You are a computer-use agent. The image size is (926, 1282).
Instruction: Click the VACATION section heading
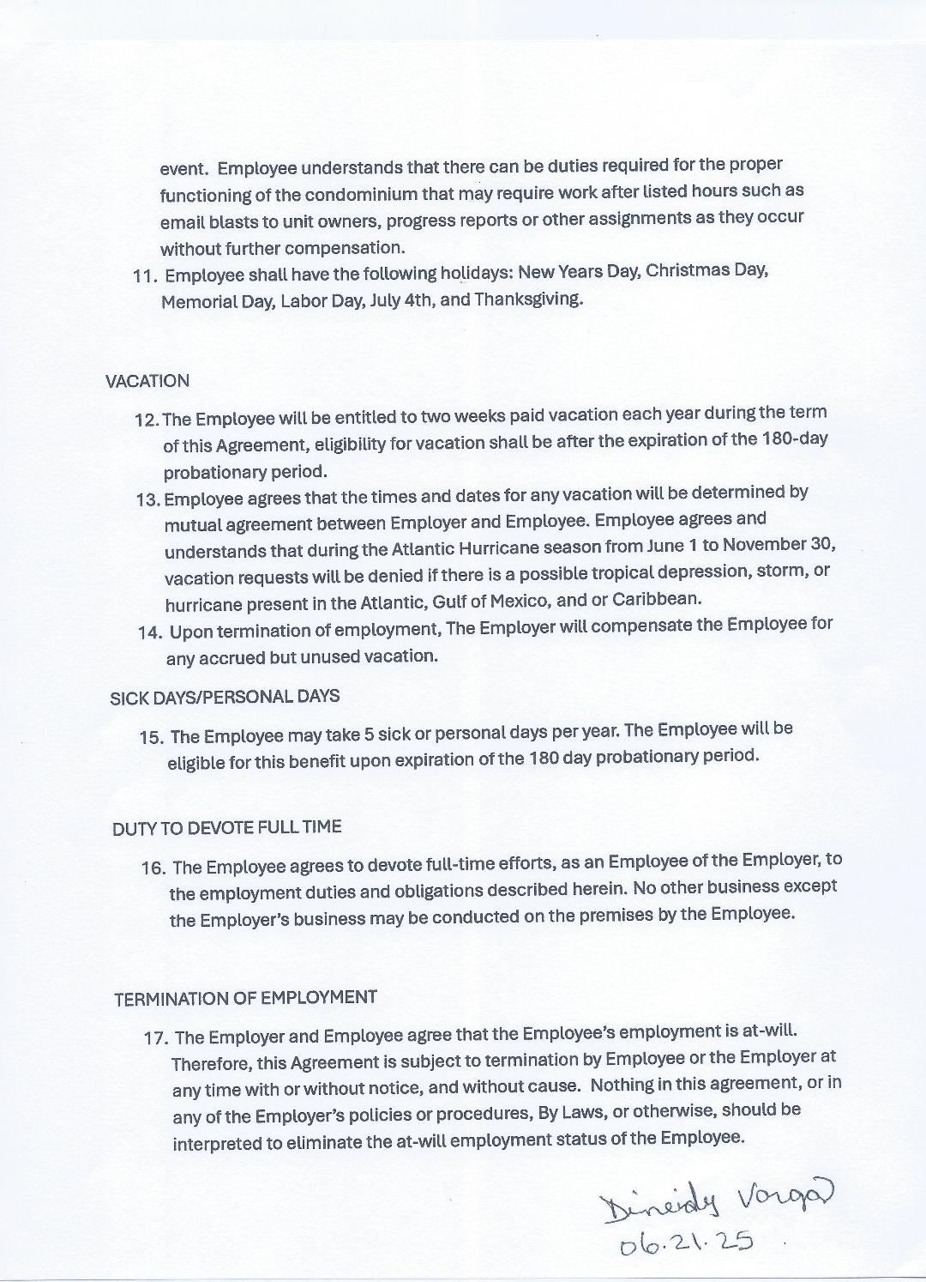click(147, 381)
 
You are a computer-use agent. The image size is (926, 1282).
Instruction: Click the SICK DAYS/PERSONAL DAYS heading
click(225, 697)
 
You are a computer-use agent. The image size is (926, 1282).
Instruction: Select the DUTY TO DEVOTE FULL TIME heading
click(226, 828)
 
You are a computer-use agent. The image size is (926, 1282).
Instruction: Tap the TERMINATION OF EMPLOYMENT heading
click(245, 998)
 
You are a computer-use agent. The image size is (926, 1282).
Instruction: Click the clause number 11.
click(144, 276)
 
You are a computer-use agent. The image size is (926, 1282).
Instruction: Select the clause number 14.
click(149, 633)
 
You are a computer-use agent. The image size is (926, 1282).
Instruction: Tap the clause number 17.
click(155, 1037)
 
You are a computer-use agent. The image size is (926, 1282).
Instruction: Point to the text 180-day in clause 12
click(794, 438)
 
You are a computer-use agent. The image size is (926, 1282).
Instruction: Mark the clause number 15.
click(151, 737)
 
